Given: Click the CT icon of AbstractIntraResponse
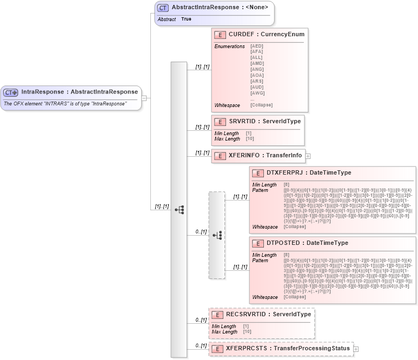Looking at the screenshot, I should [162, 8].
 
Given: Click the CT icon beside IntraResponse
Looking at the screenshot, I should [11, 92].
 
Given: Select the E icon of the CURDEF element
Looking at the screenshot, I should [220, 35].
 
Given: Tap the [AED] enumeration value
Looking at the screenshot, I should [257, 46].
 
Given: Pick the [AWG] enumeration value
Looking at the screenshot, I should [257, 93].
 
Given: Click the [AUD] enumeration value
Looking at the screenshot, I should [257, 87].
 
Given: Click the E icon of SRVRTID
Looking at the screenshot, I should [220, 122].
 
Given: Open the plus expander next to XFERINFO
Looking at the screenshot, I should [308, 156].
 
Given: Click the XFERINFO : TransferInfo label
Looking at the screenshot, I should [265, 156].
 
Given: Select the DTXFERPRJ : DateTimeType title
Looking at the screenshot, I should [308, 173].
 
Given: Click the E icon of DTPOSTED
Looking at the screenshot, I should [258, 243].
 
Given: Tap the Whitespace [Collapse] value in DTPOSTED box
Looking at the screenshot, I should [294, 297].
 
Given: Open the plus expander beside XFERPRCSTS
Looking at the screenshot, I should [356, 349].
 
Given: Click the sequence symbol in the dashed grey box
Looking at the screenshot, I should [217, 235].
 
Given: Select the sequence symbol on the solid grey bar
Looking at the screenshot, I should [179, 209].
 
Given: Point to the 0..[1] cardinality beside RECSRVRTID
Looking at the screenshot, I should [201, 320].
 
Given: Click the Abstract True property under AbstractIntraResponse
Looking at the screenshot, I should [186, 19].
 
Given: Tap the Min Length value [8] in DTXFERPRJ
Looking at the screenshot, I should [286, 185].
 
